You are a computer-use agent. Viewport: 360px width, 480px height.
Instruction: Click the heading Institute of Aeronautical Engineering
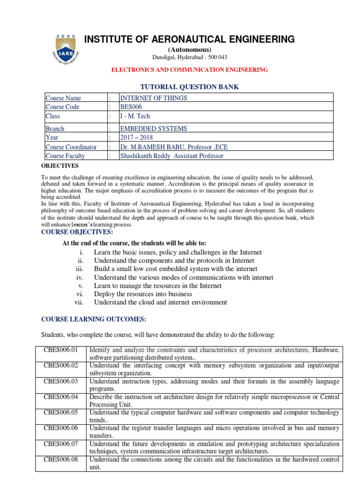[x=189, y=39]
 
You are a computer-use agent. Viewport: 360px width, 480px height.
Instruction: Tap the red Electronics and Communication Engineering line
[x=189, y=69]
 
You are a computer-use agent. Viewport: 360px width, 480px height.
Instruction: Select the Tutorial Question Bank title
[x=189, y=87]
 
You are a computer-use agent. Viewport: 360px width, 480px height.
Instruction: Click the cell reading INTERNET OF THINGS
[x=154, y=98]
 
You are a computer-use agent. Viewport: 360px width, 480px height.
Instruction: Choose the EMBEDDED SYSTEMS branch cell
[x=154, y=128]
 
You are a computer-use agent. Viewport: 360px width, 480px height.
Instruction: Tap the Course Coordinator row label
[x=71, y=147]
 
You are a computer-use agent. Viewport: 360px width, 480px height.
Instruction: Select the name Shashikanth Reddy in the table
[x=146, y=156]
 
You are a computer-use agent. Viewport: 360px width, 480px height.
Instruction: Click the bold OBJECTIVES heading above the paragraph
[x=60, y=166]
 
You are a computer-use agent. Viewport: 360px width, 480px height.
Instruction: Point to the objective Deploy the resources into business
[x=143, y=294]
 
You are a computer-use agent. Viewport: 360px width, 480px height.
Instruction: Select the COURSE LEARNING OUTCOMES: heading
[x=94, y=319]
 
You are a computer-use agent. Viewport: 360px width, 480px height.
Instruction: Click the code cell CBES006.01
[x=61, y=350]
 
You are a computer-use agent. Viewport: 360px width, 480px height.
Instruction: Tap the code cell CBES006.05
[x=61, y=413]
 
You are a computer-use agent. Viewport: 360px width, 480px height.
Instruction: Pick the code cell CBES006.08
[x=61, y=460]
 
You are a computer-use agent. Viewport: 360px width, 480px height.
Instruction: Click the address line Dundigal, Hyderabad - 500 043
[x=189, y=57]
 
